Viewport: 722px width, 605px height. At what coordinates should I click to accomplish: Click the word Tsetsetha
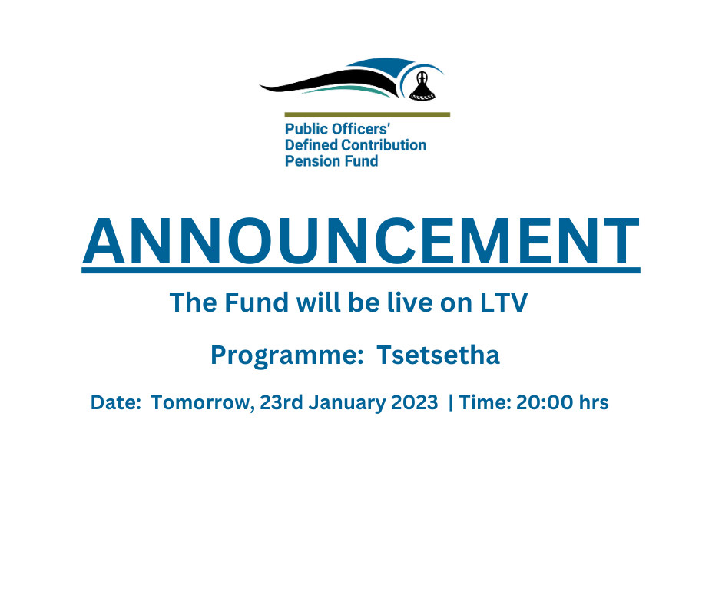[x=438, y=355]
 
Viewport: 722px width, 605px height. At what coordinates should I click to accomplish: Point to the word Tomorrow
[x=201, y=403]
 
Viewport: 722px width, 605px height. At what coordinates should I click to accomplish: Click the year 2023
[x=414, y=402]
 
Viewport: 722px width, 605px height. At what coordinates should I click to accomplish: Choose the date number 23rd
[x=281, y=402]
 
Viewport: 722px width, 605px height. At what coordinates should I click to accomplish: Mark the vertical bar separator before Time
[x=451, y=402]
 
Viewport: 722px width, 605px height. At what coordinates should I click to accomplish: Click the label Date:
[x=116, y=402]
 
